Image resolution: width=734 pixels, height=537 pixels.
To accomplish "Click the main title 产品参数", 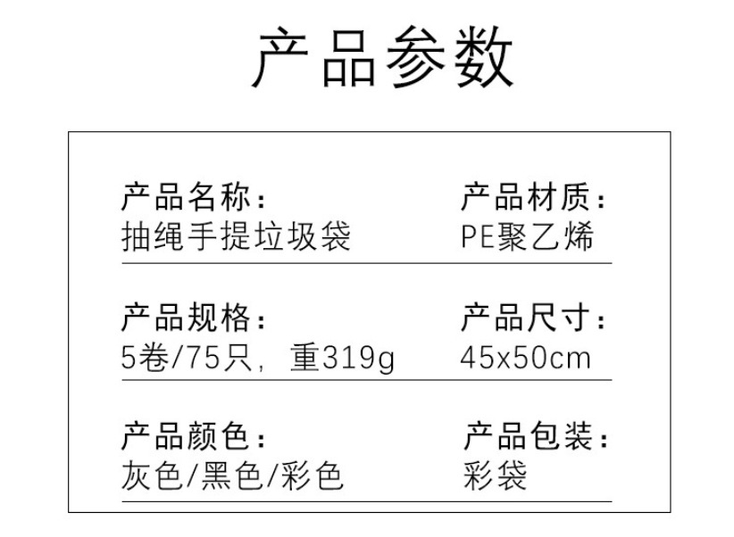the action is click(385, 58).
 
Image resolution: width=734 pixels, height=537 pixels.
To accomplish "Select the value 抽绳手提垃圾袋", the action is click(236, 237).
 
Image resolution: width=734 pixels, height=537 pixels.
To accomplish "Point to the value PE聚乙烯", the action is click(527, 237).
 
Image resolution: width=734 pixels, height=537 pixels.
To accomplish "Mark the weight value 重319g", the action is click(342, 358).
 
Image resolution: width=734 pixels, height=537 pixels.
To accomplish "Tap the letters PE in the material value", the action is click(478, 238).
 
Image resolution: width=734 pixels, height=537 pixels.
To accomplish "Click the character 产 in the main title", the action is click(286, 58).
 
